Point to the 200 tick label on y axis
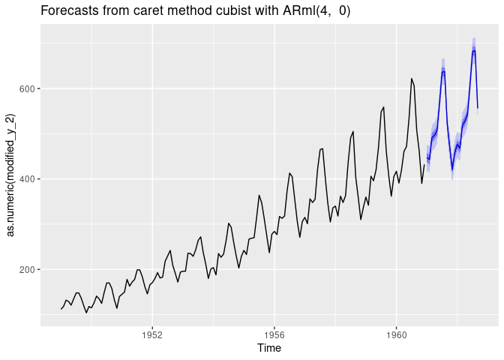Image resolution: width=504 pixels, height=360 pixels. [30, 269]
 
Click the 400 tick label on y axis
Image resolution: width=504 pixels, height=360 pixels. [30, 179]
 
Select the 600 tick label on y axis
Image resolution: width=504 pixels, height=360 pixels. [30, 88]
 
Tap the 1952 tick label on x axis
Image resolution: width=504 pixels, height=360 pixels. [152, 332]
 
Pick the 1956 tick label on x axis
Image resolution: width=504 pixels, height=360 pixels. [274, 332]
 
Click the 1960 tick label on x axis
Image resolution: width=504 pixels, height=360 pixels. [396, 332]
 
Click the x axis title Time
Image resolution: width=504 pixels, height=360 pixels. [269, 348]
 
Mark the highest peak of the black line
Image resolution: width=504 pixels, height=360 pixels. [411, 78]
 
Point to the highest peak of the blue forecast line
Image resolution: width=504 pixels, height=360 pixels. [474, 50]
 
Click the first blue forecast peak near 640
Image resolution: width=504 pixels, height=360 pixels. [443, 71]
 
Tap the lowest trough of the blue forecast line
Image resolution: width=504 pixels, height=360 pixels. [452, 169]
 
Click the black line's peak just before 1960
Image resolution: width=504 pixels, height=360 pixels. [383, 106]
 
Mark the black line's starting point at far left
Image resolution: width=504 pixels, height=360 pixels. [61, 309]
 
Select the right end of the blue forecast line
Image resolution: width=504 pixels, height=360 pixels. [478, 107]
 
